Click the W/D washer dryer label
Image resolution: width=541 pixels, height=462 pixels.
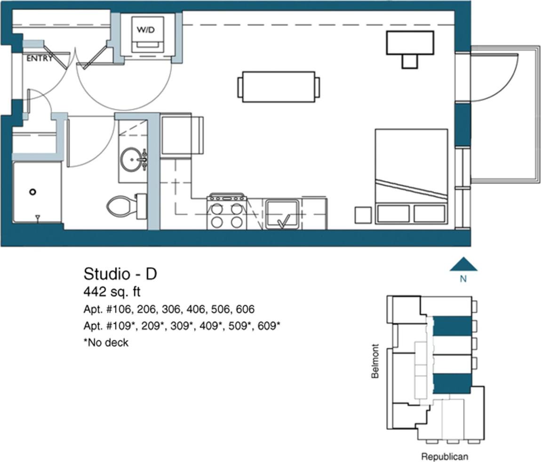point(145,30)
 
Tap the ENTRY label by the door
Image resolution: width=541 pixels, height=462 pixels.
point(39,59)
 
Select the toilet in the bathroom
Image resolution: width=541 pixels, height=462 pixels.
point(123,206)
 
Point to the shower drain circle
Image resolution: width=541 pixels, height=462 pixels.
point(32,192)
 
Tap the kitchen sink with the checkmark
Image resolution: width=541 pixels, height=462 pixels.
point(282,214)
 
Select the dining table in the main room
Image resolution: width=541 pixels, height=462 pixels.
point(278,87)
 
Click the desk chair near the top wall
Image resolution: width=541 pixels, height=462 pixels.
point(409,62)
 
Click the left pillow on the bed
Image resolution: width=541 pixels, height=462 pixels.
point(393,213)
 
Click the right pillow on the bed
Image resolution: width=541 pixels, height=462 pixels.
point(429,213)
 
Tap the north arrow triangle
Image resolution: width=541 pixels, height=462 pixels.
point(463,265)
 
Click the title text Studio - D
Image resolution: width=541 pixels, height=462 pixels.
point(120,274)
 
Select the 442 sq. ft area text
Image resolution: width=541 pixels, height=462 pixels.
point(112,292)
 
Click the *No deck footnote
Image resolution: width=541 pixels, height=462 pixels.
point(106,343)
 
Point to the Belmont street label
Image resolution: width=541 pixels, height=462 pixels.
point(375,361)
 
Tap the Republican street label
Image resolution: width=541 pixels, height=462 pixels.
point(444,456)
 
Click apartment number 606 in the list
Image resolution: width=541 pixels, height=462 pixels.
point(244,309)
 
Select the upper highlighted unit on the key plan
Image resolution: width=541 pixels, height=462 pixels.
point(452,326)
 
